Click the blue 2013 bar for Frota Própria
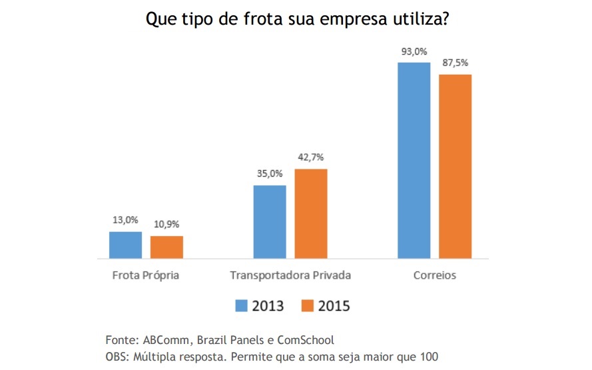(x=125, y=245)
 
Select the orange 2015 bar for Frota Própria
(x=166, y=247)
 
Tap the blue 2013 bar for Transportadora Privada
(x=270, y=221)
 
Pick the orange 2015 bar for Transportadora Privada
(x=311, y=213)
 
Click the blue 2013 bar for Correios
(x=414, y=160)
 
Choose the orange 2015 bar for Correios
(x=455, y=166)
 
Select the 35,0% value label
(x=270, y=174)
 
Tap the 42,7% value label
(x=311, y=158)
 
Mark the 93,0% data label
(x=414, y=51)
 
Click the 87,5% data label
(x=455, y=63)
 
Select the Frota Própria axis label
(x=145, y=275)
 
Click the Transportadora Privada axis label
(x=290, y=275)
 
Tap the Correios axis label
(x=434, y=275)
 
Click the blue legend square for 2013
(x=241, y=305)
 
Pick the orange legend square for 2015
(x=307, y=305)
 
